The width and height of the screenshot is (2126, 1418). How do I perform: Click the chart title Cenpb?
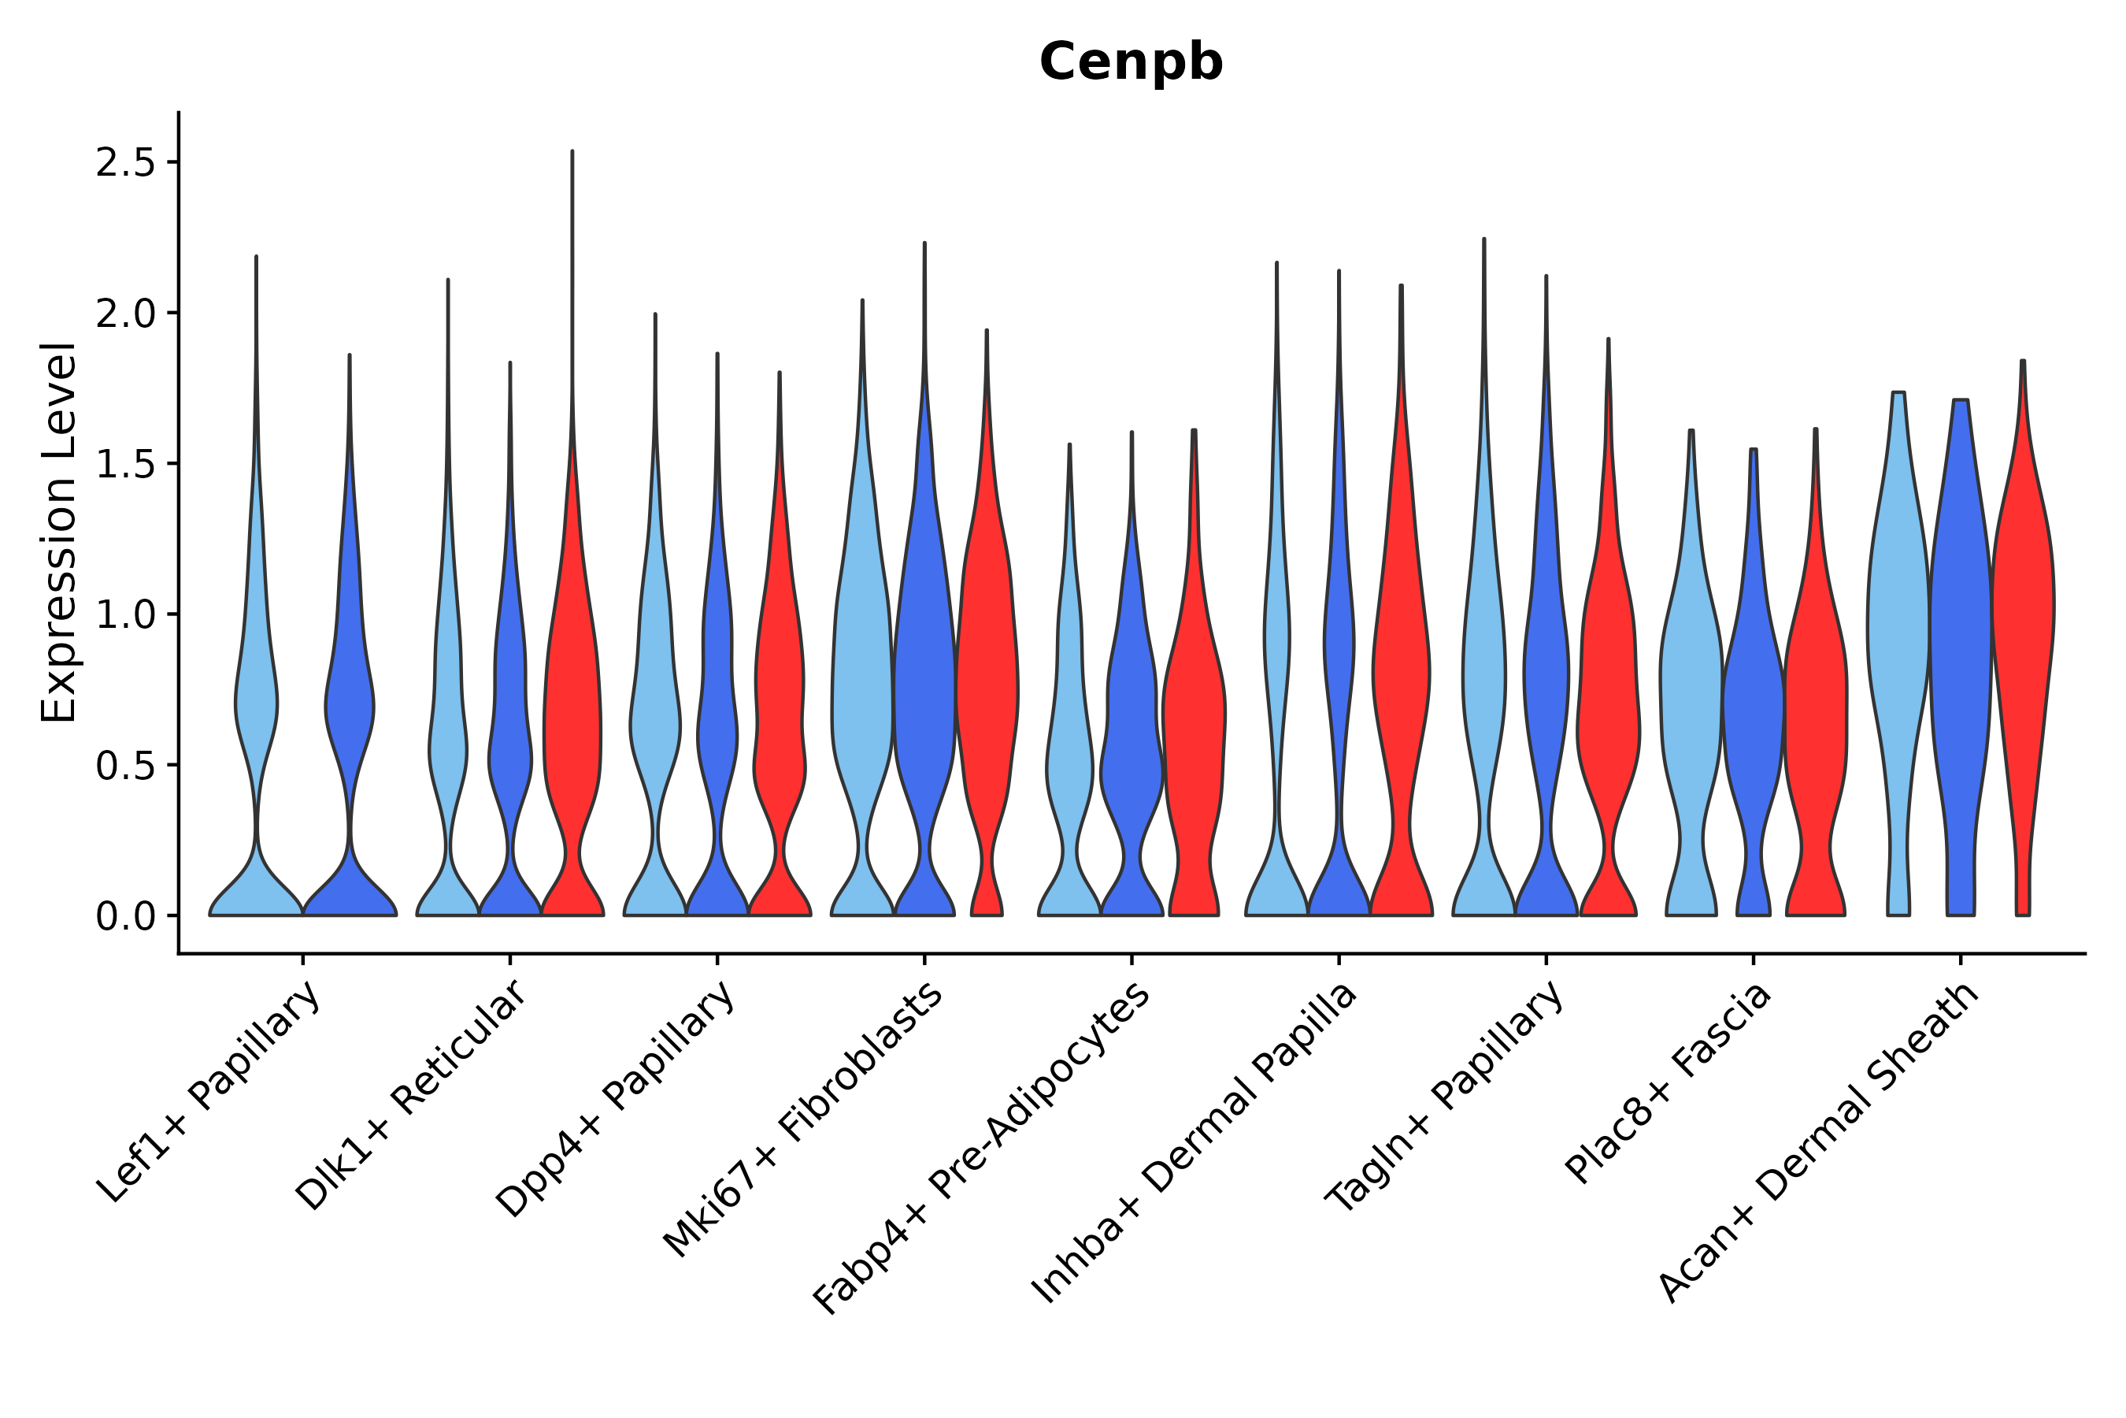[1130, 62]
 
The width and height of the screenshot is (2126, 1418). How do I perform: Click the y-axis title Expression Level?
[59, 532]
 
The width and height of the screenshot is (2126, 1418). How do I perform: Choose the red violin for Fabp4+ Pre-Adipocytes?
[1194, 723]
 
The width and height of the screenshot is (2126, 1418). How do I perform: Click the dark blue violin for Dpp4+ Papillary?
[717, 723]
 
